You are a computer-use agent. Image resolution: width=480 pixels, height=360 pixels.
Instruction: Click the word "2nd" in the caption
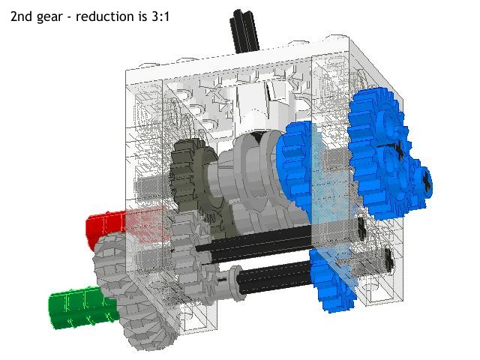tap(23, 14)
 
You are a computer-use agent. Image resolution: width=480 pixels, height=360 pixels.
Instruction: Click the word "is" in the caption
tap(143, 14)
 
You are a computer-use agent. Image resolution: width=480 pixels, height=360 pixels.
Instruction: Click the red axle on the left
tap(105, 228)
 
